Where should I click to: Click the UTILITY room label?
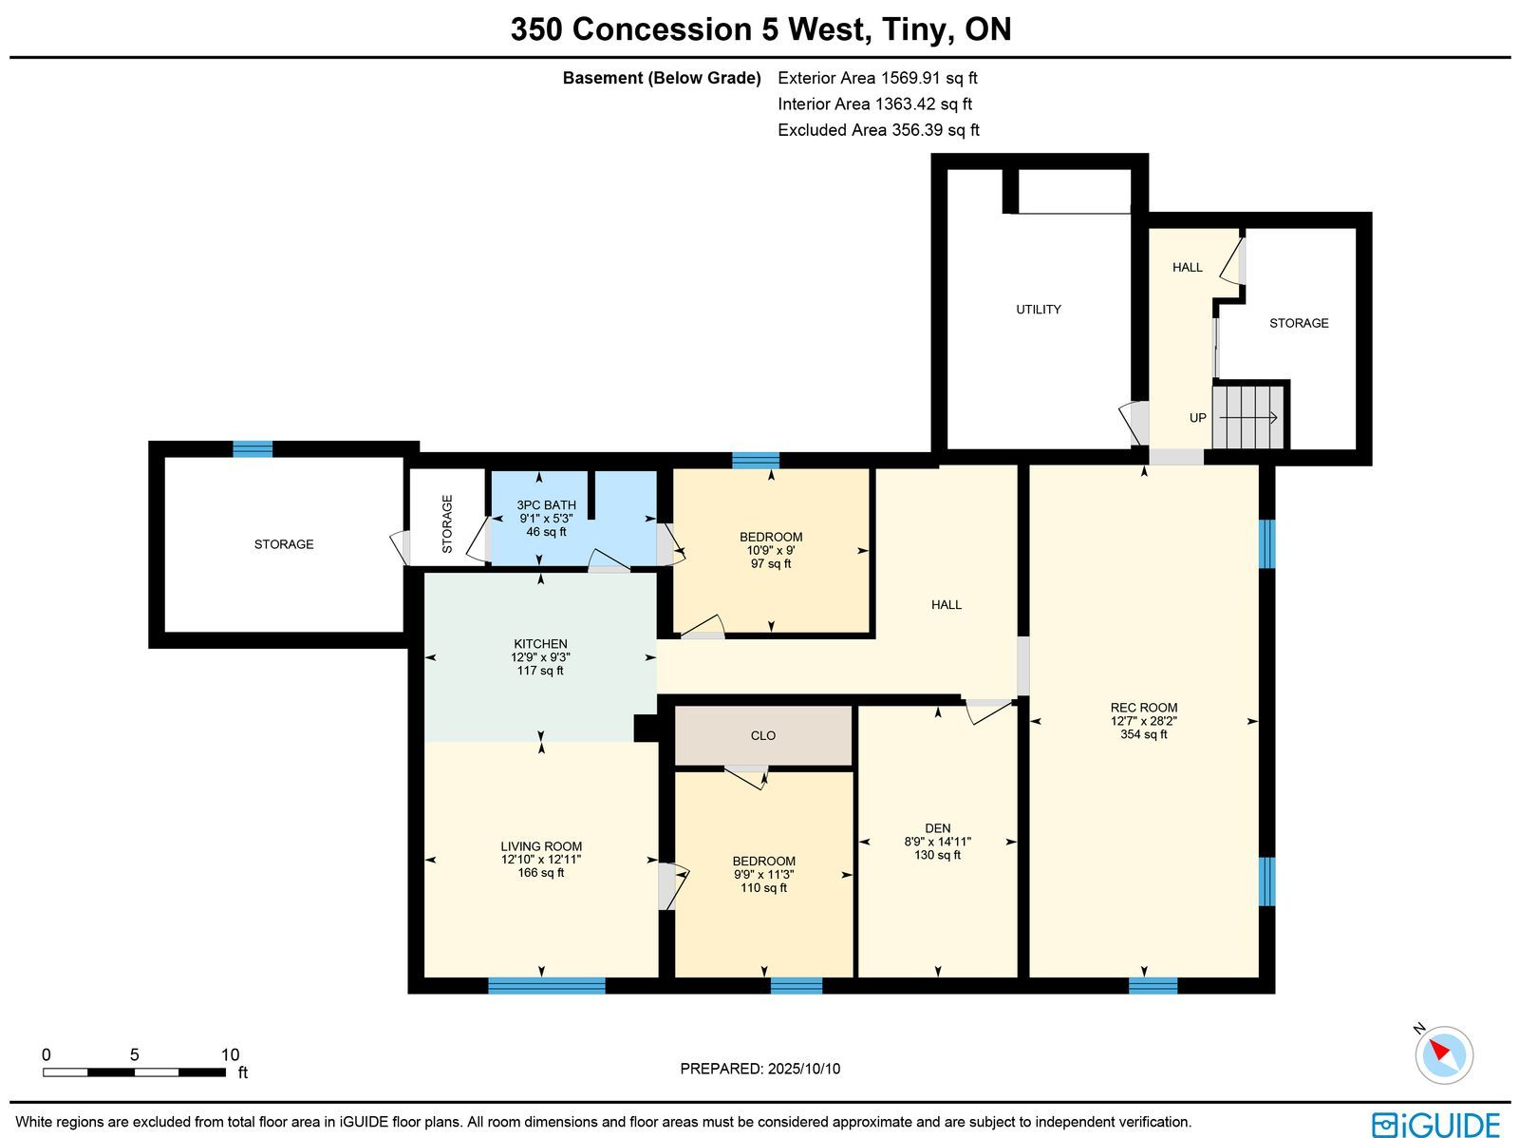tap(1038, 310)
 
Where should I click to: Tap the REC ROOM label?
tap(1143, 708)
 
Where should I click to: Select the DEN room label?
tap(937, 828)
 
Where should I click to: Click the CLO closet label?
tap(762, 736)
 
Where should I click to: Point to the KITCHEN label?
tap(540, 644)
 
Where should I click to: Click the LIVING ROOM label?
tap(541, 845)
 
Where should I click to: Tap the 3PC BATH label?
tap(546, 505)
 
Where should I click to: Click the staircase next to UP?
tap(1247, 417)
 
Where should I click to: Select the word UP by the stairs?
tap(1197, 418)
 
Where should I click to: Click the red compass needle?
tap(1438, 1051)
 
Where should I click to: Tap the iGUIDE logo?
tap(1435, 1124)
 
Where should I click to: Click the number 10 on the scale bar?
tap(230, 1055)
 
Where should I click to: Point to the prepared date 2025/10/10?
tap(804, 1069)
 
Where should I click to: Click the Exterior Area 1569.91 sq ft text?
tap(877, 78)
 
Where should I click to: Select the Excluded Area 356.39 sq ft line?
tap(878, 130)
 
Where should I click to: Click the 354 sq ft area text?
tap(1143, 734)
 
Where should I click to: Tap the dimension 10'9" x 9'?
tap(770, 550)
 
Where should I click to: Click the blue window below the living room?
tap(547, 986)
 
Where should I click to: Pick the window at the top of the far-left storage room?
tap(253, 449)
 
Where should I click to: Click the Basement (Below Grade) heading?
tap(662, 78)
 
